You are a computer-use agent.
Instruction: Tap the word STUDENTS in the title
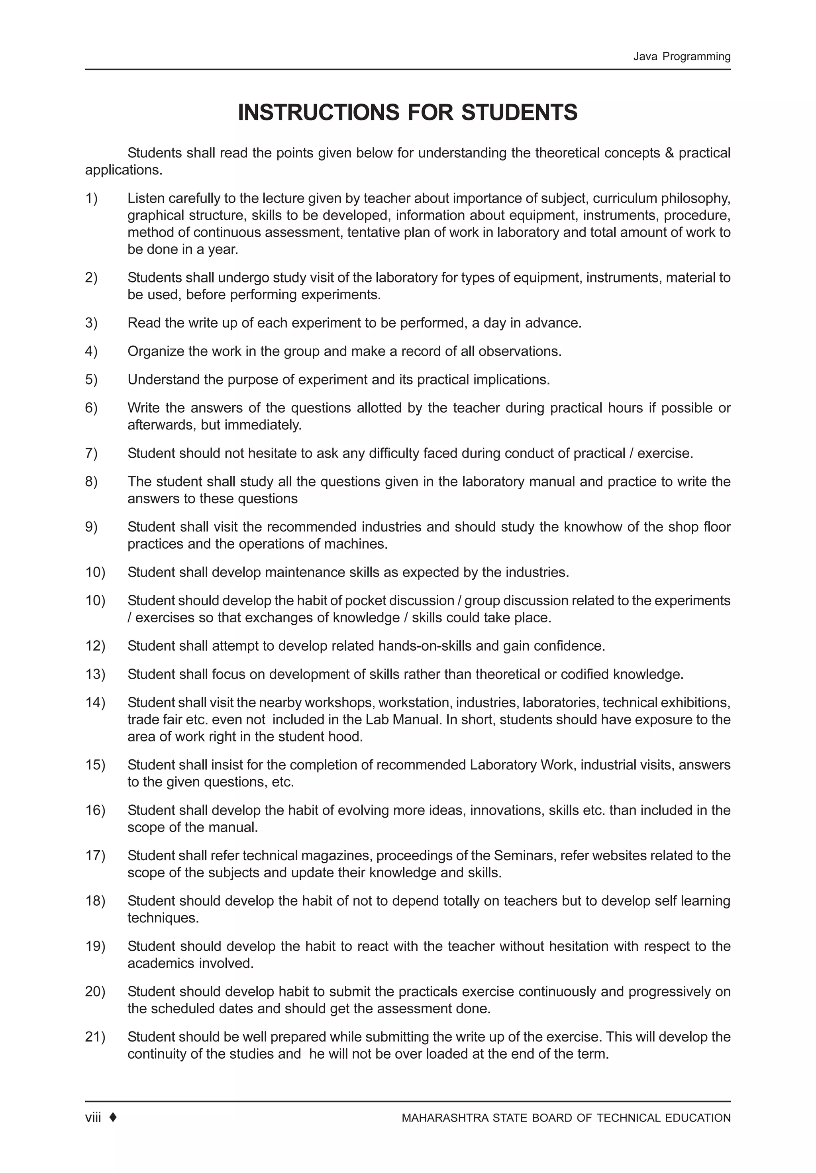[x=519, y=112]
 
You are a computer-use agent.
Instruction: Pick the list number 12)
[x=95, y=646]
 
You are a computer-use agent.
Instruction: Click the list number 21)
[x=95, y=1037]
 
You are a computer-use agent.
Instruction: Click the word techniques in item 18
[x=162, y=918]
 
